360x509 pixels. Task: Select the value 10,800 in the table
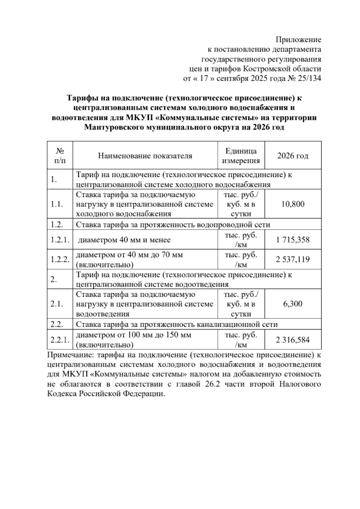coord(293,204)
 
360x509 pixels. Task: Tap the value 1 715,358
coord(293,240)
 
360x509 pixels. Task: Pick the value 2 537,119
coord(293,260)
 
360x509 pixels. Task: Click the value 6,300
coord(293,304)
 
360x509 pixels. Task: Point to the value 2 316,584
coord(293,340)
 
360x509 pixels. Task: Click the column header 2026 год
coord(293,156)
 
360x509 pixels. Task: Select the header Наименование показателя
coord(145,156)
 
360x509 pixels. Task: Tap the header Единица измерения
coord(241,156)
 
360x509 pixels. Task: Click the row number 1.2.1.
coord(60,240)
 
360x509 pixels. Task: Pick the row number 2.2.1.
coord(60,340)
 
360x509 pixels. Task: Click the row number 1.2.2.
coord(60,260)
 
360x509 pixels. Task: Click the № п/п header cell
coord(60,156)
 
